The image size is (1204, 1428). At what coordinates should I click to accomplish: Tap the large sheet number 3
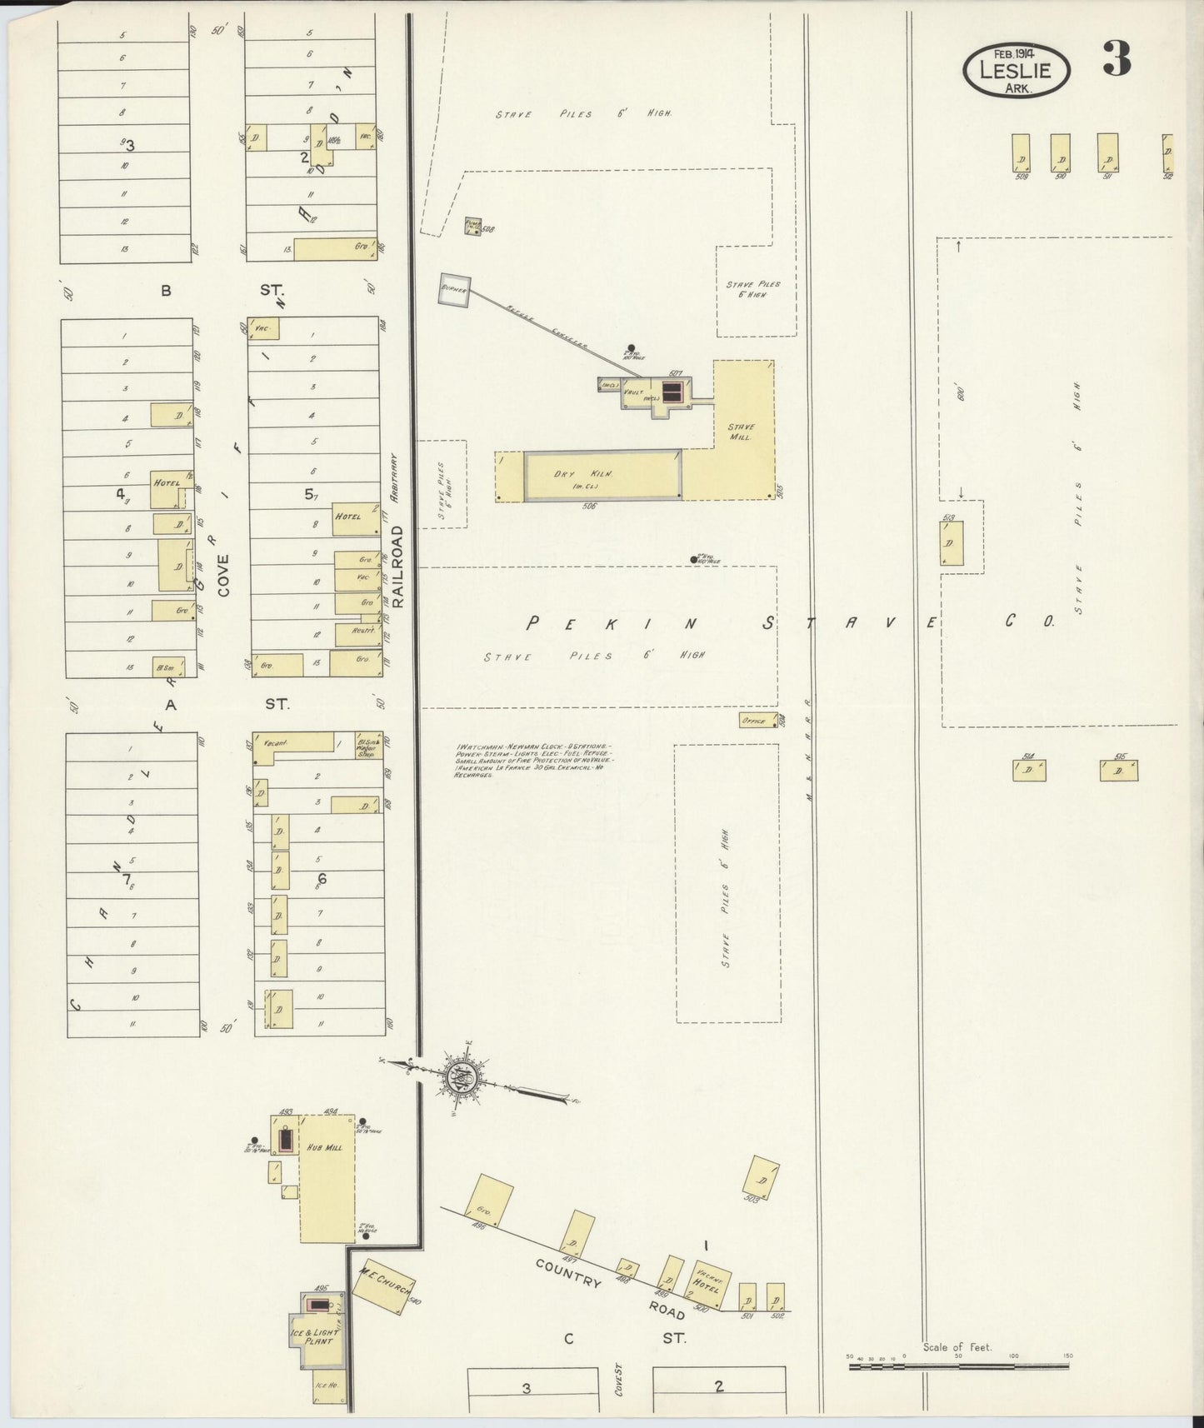1117,58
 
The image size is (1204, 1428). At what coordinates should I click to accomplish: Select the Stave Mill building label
740,431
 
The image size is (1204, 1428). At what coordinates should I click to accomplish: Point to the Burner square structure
455,288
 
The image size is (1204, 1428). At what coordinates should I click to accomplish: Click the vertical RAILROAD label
397,567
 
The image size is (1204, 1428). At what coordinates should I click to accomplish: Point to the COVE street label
223,575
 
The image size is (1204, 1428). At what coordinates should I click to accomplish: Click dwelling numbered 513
953,543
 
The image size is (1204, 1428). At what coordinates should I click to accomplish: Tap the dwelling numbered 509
1021,153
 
